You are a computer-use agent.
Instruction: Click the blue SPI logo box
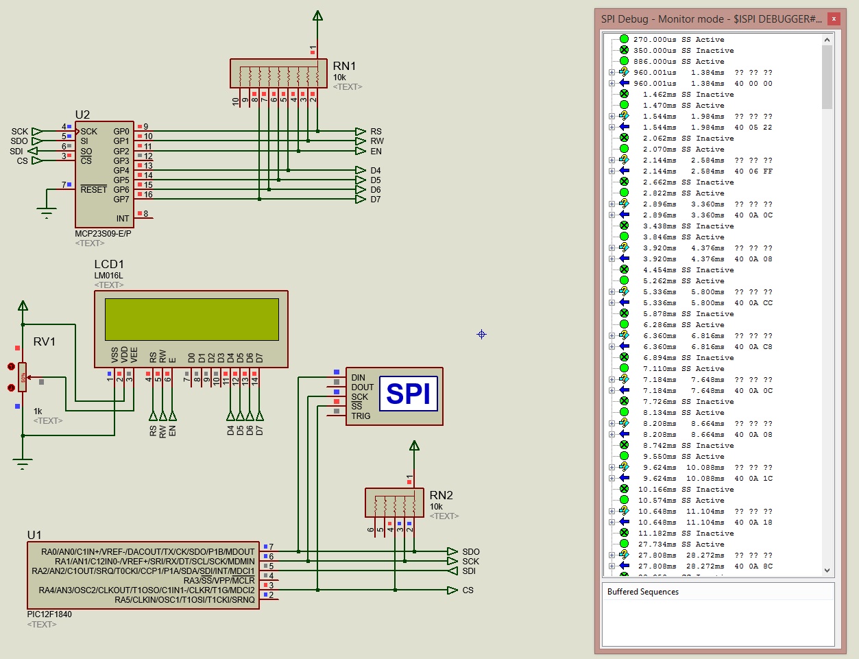point(408,394)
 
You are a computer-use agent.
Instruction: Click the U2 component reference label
point(82,115)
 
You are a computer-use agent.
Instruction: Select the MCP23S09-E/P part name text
point(103,234)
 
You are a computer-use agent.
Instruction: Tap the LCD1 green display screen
point(192,319)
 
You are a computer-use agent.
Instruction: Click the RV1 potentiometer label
point(45,342)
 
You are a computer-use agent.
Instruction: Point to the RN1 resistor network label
point(344,66)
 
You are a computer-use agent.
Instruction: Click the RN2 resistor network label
point(441,495)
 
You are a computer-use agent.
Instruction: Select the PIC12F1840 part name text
point(49,614)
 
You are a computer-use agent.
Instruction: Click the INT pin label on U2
point(122,219)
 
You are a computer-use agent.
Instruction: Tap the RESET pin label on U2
point(93,189)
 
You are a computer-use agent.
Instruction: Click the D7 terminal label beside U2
point(376,200)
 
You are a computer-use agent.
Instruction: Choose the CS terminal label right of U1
point(468,590)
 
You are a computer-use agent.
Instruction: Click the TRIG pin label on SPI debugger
point(361,416)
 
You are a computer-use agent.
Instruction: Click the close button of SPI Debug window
point(834,19)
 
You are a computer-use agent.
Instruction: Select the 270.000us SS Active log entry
point(678,40)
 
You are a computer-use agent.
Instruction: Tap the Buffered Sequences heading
point(642,592)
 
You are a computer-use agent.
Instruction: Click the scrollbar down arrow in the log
point(827,571)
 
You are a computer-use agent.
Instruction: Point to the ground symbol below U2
point(47,213)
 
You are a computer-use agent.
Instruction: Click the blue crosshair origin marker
point(481,334)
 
